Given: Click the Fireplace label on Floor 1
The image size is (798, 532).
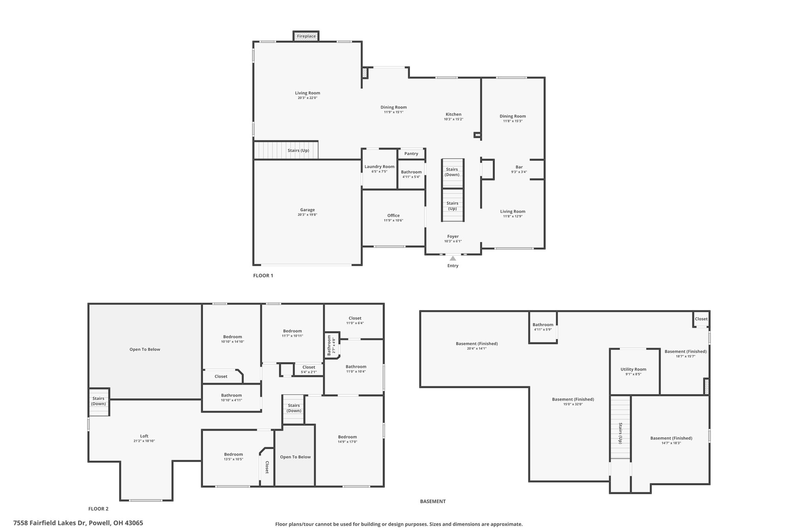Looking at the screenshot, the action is coord(306,36).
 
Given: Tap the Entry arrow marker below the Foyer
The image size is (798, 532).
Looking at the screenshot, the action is coord(453,258).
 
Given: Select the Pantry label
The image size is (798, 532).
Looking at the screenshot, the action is coord(411,154).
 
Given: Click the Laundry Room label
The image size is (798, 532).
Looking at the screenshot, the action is coord(379,167).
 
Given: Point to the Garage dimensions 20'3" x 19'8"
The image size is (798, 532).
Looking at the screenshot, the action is coord(307,215).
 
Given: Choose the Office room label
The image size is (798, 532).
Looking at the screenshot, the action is coord(394,216).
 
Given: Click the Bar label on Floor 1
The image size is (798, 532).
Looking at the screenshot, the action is coord(519,167).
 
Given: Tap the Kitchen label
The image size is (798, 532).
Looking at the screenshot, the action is coord(454,115).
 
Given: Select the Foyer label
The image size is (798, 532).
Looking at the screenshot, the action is coord(453,237).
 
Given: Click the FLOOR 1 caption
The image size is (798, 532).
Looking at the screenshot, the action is coord(263,276).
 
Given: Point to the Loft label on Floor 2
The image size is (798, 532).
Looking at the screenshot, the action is coord(144,436).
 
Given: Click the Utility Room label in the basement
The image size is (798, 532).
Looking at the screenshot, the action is coord(633,369).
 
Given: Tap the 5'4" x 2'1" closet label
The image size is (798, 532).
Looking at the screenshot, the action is coord(309,372).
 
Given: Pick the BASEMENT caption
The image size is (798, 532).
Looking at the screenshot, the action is coord(433,502).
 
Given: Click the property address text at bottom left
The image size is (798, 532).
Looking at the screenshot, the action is coord(78,523).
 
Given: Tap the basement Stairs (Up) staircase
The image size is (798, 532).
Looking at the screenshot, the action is coord(620,427).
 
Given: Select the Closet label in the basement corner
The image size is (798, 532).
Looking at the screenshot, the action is coord(701,319).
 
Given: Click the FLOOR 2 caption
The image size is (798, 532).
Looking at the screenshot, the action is coord(98,509).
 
